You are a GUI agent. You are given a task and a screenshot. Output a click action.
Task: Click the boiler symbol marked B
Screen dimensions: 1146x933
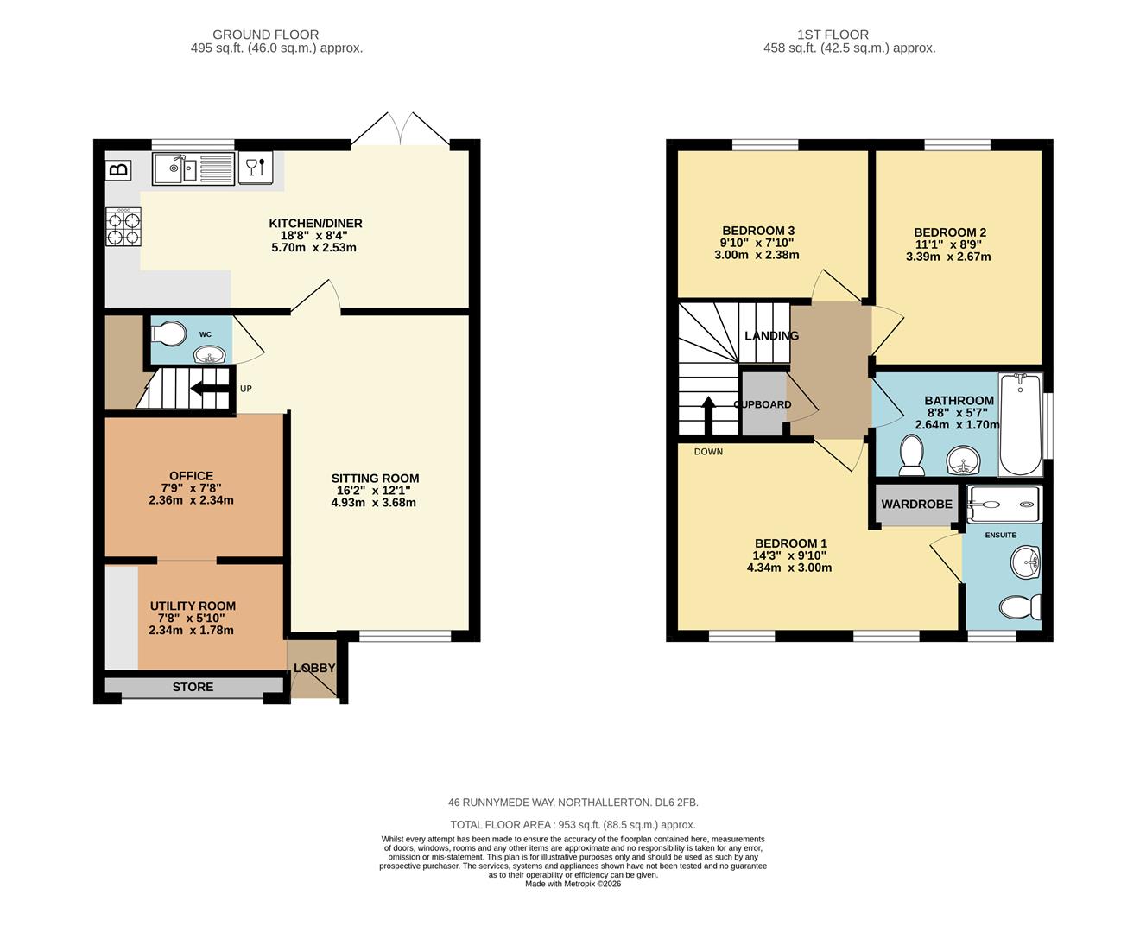point(119,169)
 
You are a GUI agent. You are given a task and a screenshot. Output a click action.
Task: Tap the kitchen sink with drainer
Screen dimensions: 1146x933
point(193,169)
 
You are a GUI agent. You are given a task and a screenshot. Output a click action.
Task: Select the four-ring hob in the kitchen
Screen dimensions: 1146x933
point(123,226)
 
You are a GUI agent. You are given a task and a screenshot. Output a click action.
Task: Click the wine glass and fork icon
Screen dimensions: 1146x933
point(255,168)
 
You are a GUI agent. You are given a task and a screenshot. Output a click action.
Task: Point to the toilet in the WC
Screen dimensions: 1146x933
point(168,333)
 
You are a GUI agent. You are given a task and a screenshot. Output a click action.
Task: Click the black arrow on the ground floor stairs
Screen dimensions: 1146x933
point(209,388)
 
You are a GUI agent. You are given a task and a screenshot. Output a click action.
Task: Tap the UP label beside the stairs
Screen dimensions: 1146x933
point(246,389)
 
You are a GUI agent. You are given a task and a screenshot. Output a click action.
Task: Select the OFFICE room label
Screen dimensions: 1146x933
point(191,476)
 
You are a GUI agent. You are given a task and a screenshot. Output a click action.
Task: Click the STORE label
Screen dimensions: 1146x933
point(193,687)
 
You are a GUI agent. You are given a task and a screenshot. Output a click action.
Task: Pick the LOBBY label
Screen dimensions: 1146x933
point(314,668)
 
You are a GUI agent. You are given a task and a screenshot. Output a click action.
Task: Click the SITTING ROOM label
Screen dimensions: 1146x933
point(375,478)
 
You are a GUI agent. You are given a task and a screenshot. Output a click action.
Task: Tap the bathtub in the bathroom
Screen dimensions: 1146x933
point(1021,424)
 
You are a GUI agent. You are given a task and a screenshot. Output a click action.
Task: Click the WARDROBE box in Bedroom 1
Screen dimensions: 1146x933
point(917,505)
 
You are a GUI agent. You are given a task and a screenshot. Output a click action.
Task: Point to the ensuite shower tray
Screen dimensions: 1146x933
point(1004,505)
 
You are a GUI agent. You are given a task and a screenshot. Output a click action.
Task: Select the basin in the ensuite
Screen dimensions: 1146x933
point(1025,563)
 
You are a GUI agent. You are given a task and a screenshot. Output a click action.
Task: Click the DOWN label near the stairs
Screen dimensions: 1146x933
point(708,452)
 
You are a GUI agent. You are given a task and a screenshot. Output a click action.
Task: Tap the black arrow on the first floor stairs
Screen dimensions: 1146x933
point(708,416)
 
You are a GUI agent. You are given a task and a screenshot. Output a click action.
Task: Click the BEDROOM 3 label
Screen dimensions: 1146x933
point(758,231)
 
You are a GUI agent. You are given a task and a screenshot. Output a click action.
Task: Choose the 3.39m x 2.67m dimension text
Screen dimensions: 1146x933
point(948,257)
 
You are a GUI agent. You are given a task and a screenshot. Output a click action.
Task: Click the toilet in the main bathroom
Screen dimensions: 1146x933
point(911,455)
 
